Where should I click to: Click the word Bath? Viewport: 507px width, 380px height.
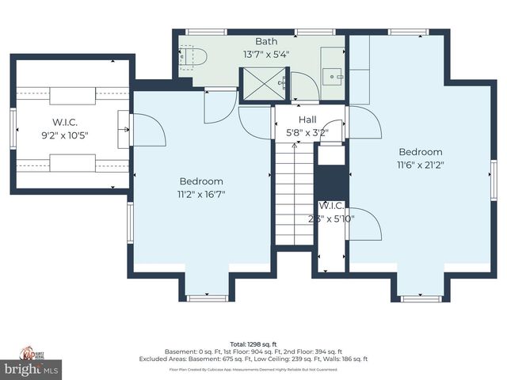click(266, 41)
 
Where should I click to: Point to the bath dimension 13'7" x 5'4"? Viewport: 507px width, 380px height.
click(266, 55)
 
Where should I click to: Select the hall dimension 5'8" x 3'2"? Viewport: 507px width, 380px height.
click(306, 133)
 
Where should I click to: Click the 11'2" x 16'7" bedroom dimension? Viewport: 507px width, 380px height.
click(201, 194)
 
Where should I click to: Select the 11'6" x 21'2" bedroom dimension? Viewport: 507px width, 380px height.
click(420, 165)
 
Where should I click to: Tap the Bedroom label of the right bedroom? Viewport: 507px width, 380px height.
click(420, 152)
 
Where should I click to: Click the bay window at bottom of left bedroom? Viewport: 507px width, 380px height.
click(201, 298)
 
